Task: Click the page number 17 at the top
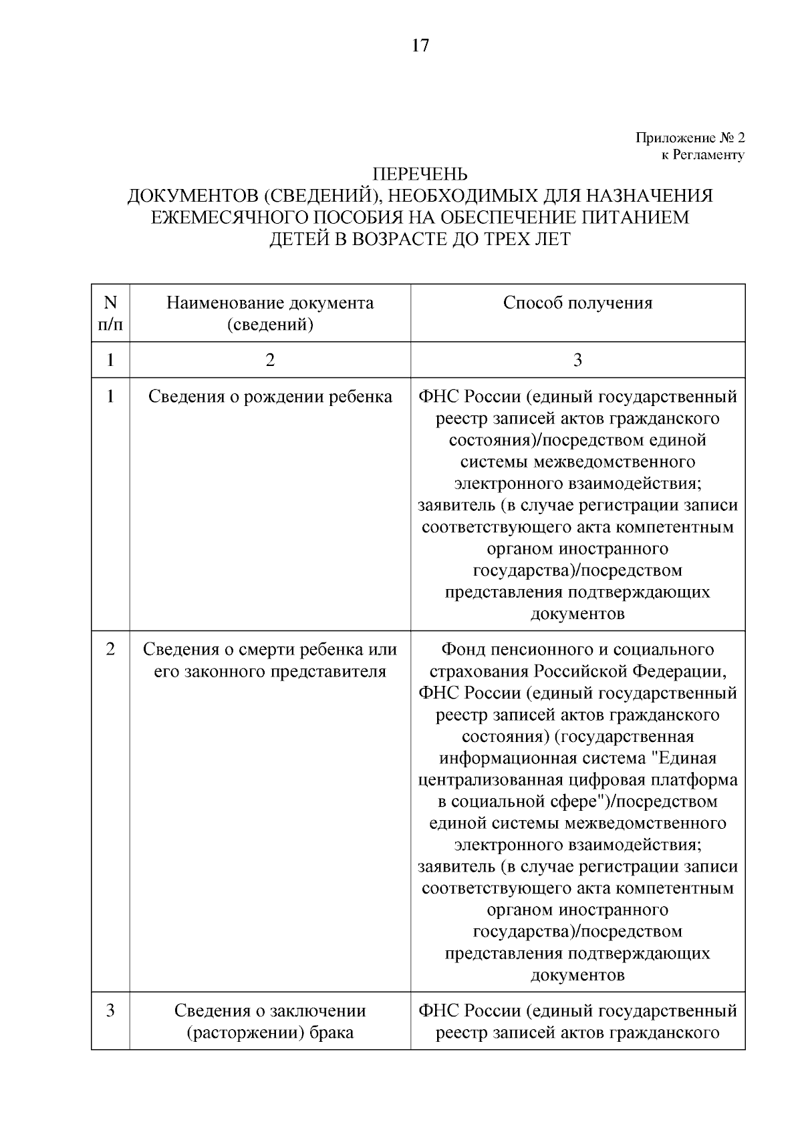420,45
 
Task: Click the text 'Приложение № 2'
690,138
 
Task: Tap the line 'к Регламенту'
702,155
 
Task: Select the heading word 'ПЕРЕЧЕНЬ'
420,174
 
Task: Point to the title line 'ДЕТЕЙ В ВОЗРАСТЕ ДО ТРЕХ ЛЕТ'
420,238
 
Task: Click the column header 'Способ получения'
577,303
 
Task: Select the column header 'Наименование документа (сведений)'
270,313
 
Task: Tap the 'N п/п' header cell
110,313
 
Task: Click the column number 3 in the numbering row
577,361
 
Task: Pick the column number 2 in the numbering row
270,361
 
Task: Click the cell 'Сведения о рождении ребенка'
270,397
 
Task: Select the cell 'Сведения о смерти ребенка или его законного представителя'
270,660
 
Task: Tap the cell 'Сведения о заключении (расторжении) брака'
270,1021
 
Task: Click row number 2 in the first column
110,649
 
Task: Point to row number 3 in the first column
110,1010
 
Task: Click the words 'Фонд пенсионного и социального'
577,649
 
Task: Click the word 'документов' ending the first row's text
577,614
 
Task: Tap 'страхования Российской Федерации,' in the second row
577,671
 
